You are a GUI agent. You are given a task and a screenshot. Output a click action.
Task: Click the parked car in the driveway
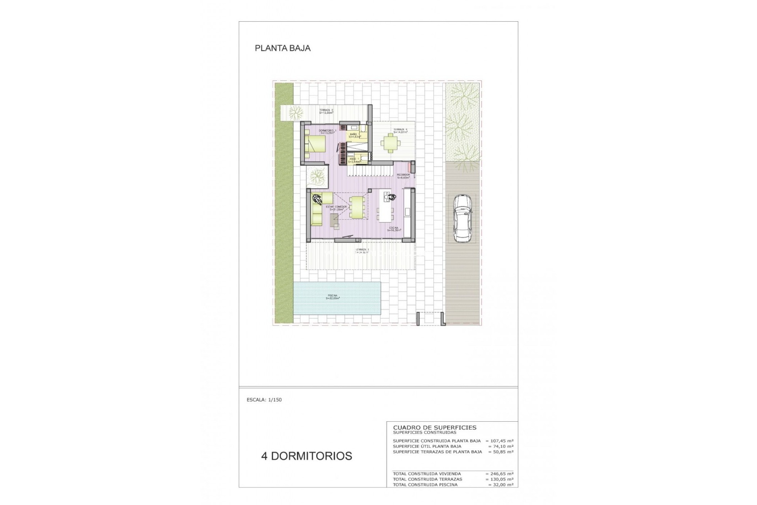tap(462, 219)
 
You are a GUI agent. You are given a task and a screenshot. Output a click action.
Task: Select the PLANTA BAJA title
tap(283, 48)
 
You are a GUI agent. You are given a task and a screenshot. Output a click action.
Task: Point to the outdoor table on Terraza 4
tap(390, 143)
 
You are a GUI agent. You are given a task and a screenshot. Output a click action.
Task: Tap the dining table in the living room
tap(358, 208)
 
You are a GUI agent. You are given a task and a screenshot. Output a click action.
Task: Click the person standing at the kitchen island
tap(391, 197)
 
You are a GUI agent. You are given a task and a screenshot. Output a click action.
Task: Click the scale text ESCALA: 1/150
tap(264, 400)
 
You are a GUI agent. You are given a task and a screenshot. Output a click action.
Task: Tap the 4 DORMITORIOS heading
tap(306, 456)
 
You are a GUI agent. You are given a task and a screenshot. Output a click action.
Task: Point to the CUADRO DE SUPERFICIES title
tap(434, 427)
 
